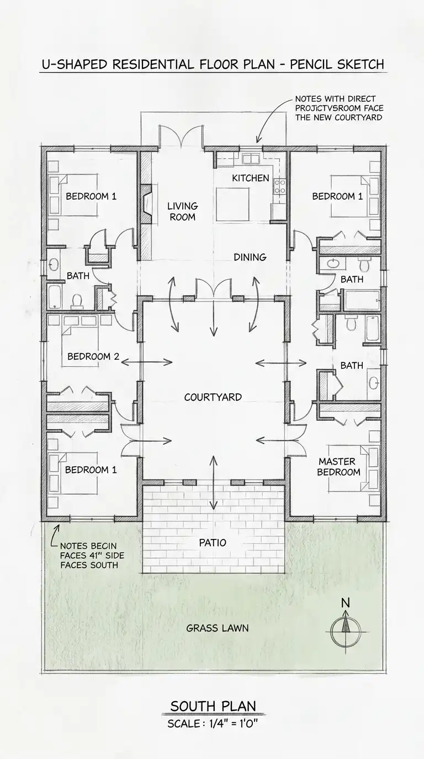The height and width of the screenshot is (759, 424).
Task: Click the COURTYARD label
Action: pyautogui.click(x=213, y=397)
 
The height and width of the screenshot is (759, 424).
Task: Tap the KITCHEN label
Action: pyautogui.click(x=251, y=178)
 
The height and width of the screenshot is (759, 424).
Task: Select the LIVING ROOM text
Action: pyautogui.click(x=183, y=211)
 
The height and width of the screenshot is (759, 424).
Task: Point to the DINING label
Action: pyautogui.click(x=250, y=257)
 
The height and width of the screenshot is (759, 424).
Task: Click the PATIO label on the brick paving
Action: pyautogui.click(x=213, y=542)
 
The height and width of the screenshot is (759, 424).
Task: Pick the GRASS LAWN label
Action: pyautogui.click(x=218, y=628)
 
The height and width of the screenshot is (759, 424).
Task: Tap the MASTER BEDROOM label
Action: pyautogui.click(x=338, y=467)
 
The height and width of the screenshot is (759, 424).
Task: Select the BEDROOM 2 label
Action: pyautogui.click(x=93, y=356)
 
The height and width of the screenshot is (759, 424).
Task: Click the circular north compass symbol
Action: pyautogui.click(x=346, y=632)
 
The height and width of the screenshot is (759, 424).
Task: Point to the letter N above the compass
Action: pyautogui.click(x=345, y=603)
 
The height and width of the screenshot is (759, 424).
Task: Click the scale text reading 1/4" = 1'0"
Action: pyautogui.click(x=234, y=724)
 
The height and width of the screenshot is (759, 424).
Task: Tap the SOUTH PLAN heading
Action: pyautogui.click(x=213, y=707)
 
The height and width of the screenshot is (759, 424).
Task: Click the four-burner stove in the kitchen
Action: pyautogui.click(x=280, y=186)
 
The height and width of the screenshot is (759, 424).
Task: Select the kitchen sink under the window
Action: pyautogui.click(x=251, y=158)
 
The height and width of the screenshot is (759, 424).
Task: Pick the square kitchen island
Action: pyautogui.click(x=232, y=205)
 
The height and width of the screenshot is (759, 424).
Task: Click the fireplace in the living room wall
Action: pyautogui.click(x=146, y=204)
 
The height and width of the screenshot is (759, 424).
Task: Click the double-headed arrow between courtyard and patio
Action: pyautogui.click(x=213, y=483)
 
